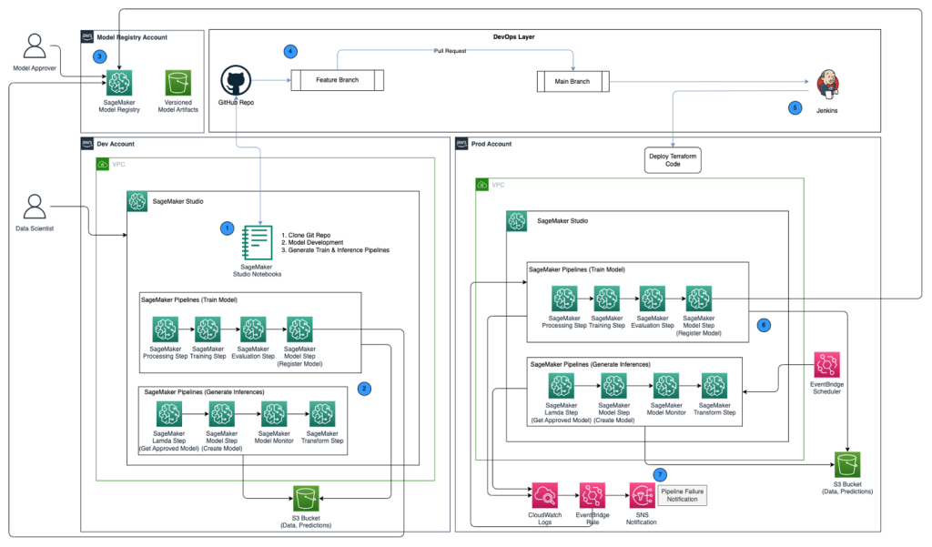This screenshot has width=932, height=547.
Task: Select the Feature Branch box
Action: pos(337,80)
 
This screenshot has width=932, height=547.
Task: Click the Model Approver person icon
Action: pos(35,46)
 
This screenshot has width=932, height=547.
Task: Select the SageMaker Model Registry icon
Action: pos(120,83)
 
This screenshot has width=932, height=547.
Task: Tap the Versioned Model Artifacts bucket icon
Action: pos(178,83)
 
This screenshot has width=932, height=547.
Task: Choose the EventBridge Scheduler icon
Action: pos(826,365)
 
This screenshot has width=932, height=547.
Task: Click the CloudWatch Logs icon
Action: pos(544,496)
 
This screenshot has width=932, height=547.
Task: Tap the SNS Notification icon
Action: pos(642,496)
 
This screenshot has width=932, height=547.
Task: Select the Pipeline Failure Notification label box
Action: pos(682,496)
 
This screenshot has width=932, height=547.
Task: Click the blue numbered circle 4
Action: pos(290,50)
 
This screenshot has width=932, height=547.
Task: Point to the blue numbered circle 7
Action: pos(660,474)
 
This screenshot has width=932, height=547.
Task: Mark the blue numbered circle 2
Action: pos(364,388)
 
